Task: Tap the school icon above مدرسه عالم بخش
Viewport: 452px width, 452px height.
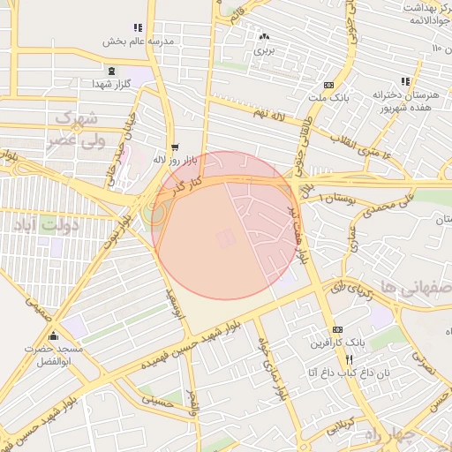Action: pos(136,28)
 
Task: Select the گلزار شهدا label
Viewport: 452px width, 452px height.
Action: pos(111,84)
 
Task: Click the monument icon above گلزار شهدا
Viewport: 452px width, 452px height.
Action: pos(111,71)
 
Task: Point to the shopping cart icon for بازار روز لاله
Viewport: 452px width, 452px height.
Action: pos(174,147)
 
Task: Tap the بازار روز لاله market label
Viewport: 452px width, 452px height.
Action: pos(173,160)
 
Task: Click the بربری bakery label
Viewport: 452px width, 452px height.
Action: pos(264,50)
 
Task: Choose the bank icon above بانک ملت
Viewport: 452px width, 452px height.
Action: pos(328,84)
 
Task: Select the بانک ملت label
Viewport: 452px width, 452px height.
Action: pos(328,97)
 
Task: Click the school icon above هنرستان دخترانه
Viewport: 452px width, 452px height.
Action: pos(405,80)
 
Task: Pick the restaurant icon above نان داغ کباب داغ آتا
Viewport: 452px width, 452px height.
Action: pos(350,359)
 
